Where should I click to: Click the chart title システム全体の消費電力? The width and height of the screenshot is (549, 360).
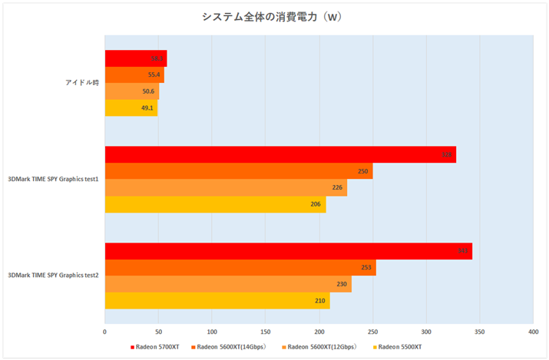(x=274, y=18)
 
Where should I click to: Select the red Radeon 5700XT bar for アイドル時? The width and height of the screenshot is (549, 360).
(x=135, y=58)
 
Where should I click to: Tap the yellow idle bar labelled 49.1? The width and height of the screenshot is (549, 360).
(x=131, y=108)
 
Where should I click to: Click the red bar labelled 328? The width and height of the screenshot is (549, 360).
(x=279, y=154)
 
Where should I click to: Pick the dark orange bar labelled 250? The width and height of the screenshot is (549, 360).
(x=238, y=171)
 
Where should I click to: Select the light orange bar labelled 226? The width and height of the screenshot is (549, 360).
(x=225, y=188)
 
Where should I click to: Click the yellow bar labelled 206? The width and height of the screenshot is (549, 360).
(x=215, y=205)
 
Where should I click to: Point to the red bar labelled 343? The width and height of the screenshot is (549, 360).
(x=288, y=251)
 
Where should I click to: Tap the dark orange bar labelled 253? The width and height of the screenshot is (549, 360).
(x=240, y=268)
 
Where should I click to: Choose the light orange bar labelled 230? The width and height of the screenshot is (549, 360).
(x=227, y=284)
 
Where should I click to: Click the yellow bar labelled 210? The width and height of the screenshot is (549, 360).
(x=217, y=301)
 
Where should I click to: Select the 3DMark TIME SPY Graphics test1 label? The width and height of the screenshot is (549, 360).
(x=54, y=180)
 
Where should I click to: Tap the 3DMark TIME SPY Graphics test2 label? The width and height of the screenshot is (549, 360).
(x=54, y=276)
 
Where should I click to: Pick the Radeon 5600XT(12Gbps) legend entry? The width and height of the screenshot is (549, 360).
(x=319, y=348)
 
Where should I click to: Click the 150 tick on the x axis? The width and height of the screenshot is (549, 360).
(x=265, y=332)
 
